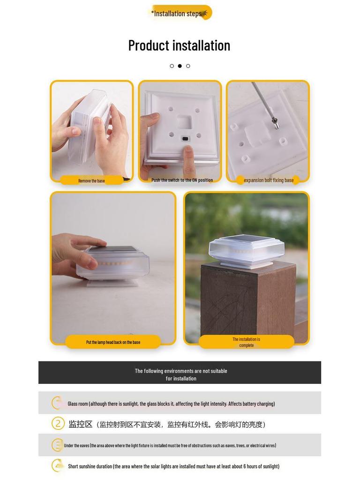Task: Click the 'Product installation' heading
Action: tap(179, 45)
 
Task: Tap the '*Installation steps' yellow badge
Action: tap(180, 13)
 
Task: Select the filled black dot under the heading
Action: tap(180, 66)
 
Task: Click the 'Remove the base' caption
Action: tap(91, 180)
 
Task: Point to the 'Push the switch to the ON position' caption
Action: tap(182, 180)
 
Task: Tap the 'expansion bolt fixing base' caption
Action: tap(269, 180)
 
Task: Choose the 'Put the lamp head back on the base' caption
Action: tap(113, 342)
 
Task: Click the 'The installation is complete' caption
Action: tap(246, 342)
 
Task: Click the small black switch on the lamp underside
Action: tap(185, 139)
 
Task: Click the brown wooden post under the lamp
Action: tap(248, 304)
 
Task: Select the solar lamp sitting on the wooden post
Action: tap(247, 252)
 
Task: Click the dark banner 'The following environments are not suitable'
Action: tap(180, 372)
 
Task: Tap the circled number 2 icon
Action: tap(58, 424)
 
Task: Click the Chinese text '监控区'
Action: tap(81, 424)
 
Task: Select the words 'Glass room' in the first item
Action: tap(78, 404)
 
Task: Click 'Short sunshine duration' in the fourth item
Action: tap(90, 466)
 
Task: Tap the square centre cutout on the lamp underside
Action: tap(184, 122)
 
